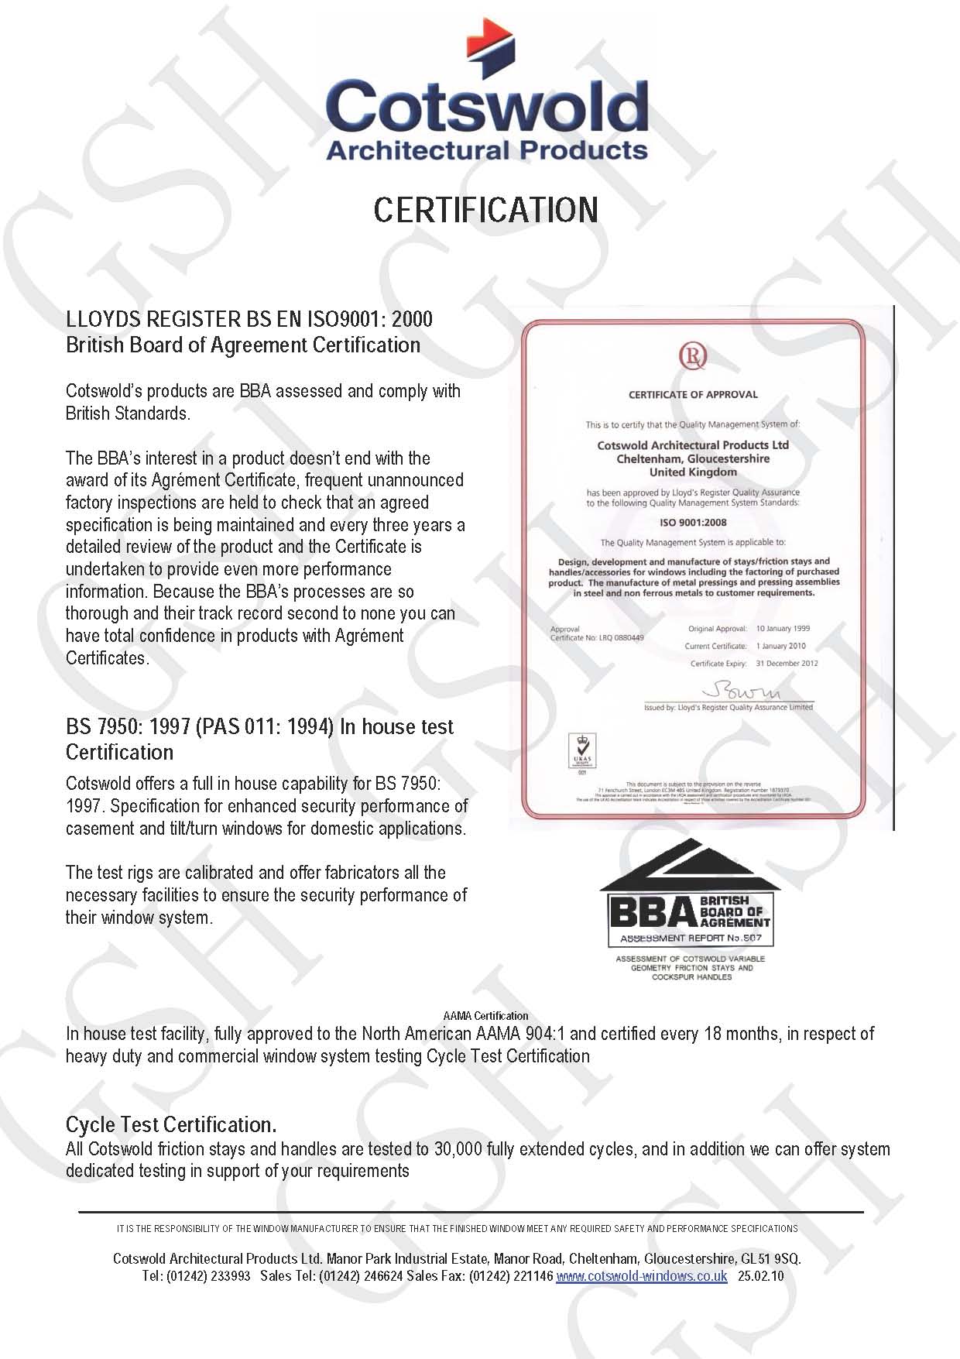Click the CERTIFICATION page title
point(485,210)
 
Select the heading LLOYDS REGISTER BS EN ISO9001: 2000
point(249,319)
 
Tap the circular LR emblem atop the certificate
point(693,356)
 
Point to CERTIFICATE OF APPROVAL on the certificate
point(693,395)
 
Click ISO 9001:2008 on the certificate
point(693,523)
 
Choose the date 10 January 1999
point(782,629)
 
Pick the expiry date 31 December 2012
point(787,664)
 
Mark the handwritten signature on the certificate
point(741,692)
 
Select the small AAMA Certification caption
point(485,1016)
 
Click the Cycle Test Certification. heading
point(170,1124)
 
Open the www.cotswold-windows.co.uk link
point(641,1276)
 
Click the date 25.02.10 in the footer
point(760,1276)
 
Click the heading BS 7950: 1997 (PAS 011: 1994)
point(259,727)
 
